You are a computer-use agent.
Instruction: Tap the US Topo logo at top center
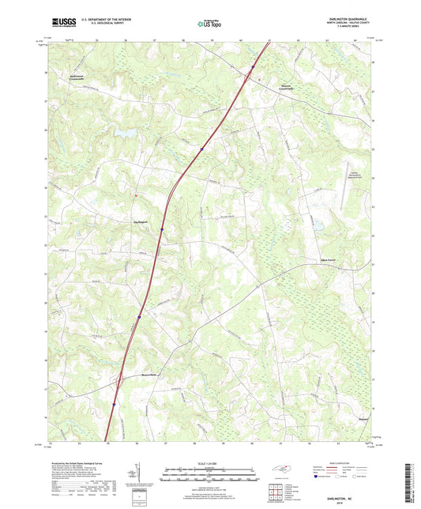pyautogui.click(x=208, y=24)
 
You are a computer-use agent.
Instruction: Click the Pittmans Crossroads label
pyautogui.click(x=288, y=89)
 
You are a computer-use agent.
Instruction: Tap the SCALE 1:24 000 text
pyautogui.click(x=210, y=462)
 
